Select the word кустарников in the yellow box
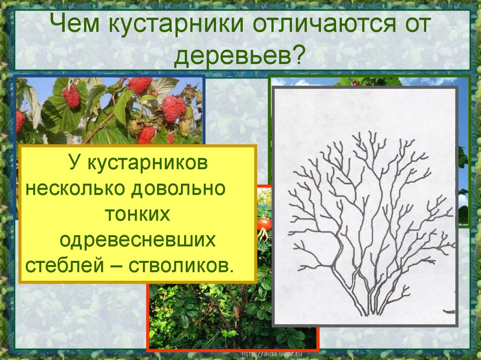click(147, 164)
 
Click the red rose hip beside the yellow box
click(264, 224)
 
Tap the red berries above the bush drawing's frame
click(356, 83)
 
